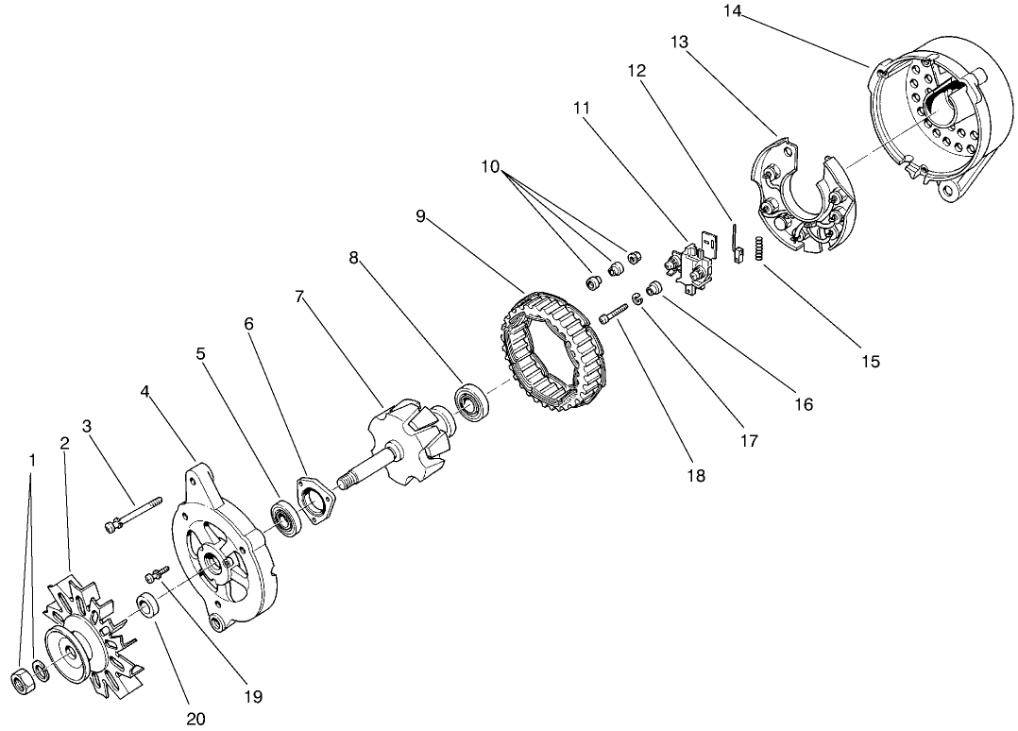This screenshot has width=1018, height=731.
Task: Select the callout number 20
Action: [195, 719]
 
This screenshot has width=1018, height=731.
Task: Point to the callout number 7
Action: [299, 296]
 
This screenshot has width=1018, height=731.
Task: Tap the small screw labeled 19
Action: [157, 572]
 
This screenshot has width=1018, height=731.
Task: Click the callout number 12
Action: [636, 72]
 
